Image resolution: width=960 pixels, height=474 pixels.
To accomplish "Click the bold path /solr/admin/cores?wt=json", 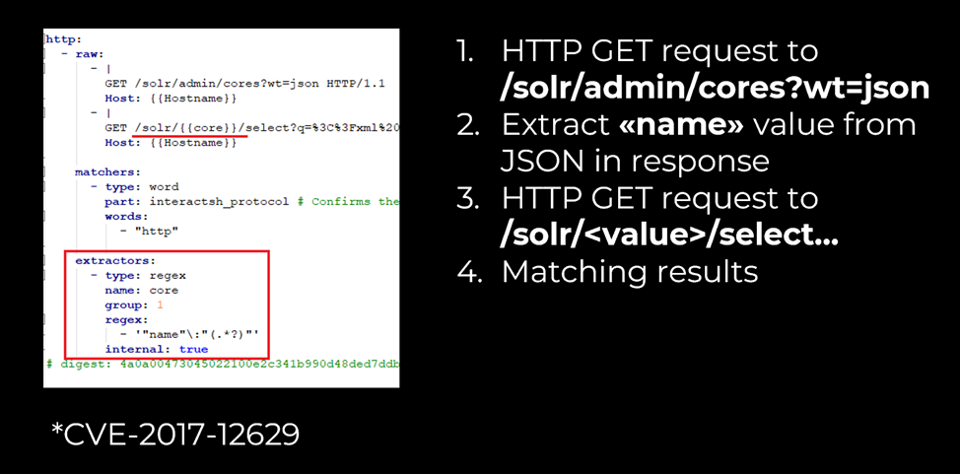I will pos(715,88).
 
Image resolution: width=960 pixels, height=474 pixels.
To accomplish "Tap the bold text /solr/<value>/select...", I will pos(669,235).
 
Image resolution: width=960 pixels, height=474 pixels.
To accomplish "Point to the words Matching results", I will pos(630,271).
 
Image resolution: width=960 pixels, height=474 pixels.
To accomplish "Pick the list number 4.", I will pos(465,271).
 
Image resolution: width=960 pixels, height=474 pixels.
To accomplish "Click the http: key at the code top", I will pos(63,39).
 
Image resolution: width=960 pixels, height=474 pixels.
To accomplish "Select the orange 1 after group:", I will pos(159,305).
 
